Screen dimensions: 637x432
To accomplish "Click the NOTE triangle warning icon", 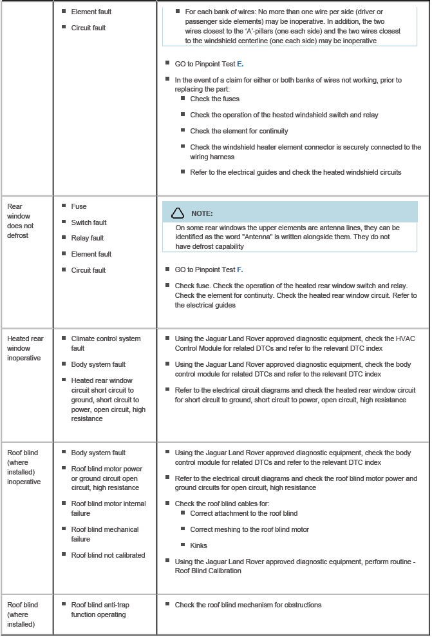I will point(178,213).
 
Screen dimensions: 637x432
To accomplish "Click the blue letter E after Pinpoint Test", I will point(241,64).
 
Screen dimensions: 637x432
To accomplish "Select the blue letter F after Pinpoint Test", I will point(241,269).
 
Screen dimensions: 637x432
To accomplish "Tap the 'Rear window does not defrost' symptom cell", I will point(21,220).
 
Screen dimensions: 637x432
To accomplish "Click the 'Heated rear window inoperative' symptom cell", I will point(25,348).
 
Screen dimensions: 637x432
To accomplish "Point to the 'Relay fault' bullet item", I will point(87,238).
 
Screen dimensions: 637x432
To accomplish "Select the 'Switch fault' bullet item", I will point(89,222).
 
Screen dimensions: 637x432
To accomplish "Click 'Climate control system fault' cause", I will point(106,343).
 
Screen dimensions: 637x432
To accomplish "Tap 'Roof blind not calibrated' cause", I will point(108,555).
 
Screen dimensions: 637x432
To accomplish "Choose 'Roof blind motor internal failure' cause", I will point(108,509).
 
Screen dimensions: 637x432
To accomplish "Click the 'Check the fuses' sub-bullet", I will point(214,99).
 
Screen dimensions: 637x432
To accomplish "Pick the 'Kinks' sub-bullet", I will point(198,545).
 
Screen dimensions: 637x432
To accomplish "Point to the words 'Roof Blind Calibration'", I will point(208,571).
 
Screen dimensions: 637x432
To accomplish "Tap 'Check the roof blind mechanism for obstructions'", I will point(248,605).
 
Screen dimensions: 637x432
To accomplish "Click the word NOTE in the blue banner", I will point(202,213).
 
